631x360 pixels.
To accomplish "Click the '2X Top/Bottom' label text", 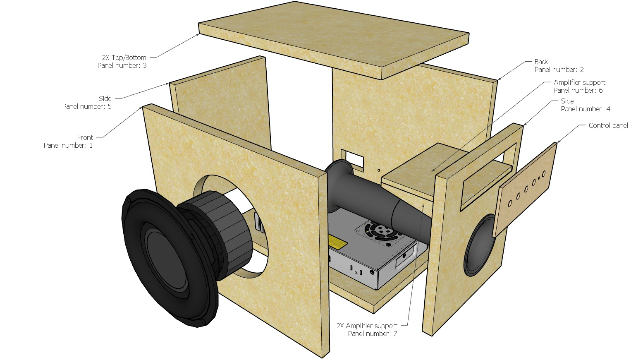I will point(124,58).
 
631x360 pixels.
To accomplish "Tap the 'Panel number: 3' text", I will point(122,65).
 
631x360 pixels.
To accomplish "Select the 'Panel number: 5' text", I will point(87,106).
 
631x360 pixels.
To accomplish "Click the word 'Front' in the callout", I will point(85,137).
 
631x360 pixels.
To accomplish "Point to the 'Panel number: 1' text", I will point(68,145).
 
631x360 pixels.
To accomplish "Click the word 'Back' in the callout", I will point(541,62).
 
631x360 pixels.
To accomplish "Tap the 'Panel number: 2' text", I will point(559,70).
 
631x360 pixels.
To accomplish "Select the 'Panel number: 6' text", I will point(578,90).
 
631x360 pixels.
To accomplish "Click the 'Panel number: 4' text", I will point(586,109).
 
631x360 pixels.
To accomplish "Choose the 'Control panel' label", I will point(608,125).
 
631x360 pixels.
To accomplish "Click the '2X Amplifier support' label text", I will point(367,326).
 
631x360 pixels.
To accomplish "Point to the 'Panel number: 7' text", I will point(372,334).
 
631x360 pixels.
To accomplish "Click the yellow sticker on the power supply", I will point(337,242).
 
